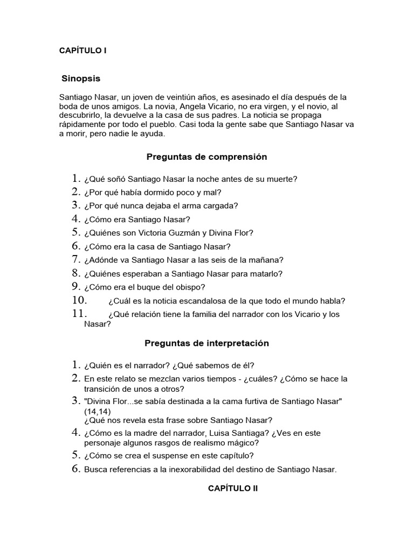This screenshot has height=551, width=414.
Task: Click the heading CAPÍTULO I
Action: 83,51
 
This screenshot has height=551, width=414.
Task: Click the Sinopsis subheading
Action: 81,78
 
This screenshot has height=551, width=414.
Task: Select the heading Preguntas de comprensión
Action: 206,157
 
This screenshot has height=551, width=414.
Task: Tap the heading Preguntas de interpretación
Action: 206,343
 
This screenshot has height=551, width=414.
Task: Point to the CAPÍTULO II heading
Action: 233,488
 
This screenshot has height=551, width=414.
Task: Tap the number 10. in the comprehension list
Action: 80,300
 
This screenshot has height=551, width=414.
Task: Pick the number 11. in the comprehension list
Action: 79,314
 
